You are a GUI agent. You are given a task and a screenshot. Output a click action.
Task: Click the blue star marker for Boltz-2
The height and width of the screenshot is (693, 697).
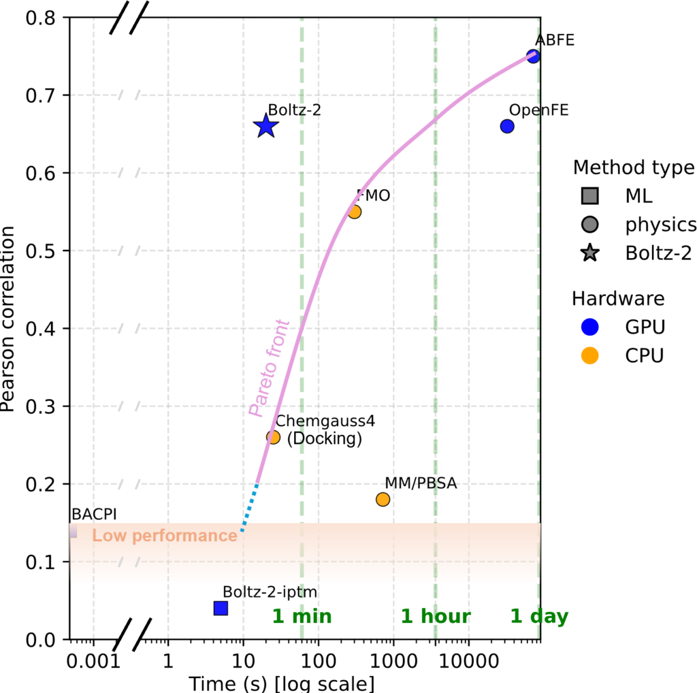[265, 126]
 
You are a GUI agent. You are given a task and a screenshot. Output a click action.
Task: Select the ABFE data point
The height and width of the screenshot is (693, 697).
[533, 57]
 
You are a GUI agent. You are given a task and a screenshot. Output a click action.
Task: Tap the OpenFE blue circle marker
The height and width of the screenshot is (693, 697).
[507, 126]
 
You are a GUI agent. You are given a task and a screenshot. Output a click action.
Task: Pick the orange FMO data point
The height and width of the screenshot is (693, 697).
[354, 212]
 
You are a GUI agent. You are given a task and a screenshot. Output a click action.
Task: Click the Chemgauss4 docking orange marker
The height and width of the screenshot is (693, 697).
[273, 437]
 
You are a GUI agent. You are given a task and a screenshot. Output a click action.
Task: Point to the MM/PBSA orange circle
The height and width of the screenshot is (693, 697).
[383, 500]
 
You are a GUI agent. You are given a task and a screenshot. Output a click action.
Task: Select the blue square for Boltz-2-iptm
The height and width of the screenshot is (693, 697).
[221, 608]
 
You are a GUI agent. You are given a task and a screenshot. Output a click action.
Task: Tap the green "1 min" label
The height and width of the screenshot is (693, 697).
[302, 617]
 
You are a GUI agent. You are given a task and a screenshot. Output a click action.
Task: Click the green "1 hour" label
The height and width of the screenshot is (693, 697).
[436, 617]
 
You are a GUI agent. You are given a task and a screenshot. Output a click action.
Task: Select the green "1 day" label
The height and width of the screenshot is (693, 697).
[539, 617]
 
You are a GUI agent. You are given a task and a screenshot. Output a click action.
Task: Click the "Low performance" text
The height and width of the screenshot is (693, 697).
[164, 536]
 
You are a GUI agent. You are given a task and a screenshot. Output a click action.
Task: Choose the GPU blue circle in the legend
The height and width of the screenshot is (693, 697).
[590, 327]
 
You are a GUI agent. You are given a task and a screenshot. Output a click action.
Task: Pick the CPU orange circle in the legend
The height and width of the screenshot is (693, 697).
[590, 355]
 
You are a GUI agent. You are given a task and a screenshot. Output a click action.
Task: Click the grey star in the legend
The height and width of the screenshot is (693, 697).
[590, 253]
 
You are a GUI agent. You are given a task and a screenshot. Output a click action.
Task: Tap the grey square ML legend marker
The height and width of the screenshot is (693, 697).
[590, 197]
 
